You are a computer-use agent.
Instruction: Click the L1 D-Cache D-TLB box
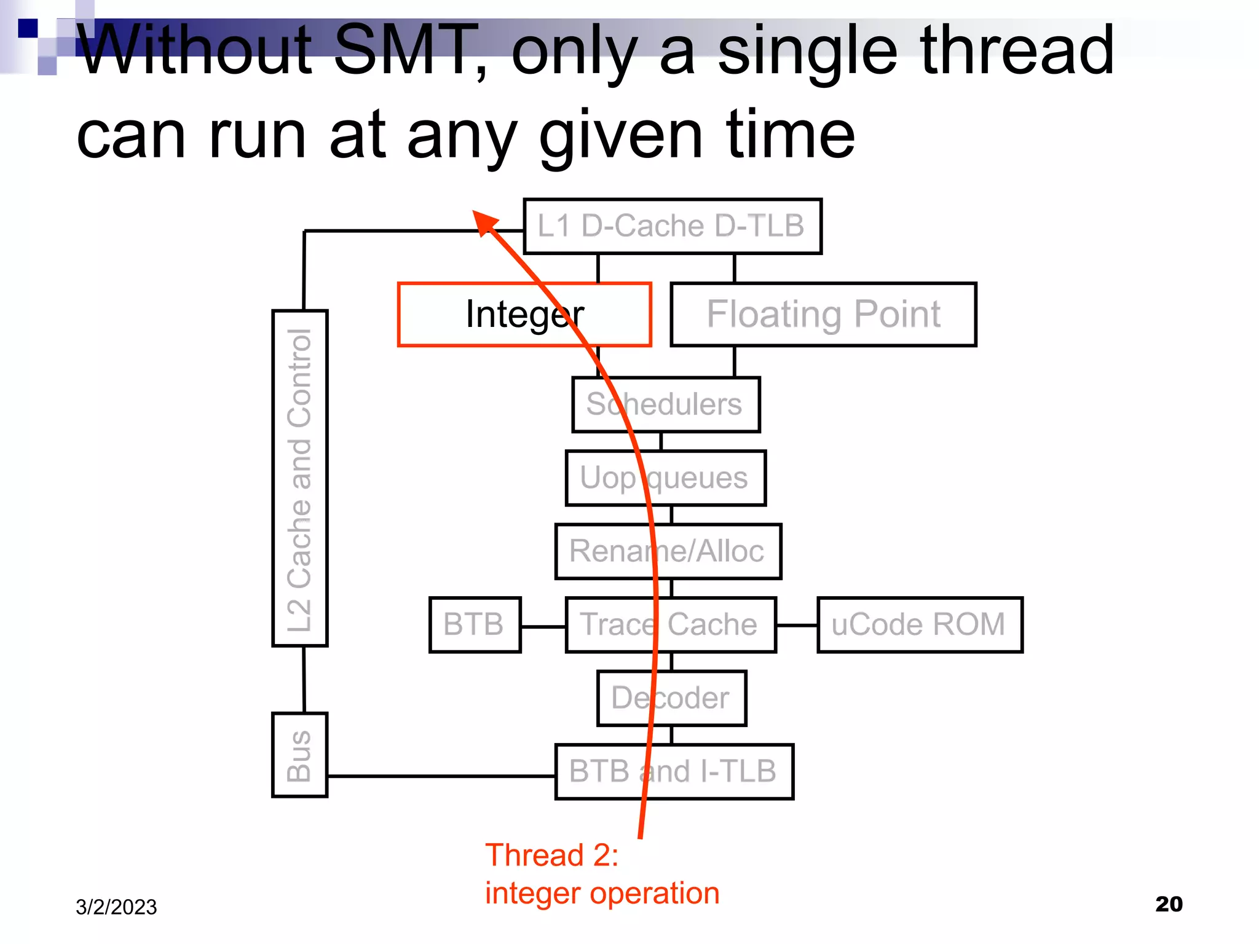[672, 226]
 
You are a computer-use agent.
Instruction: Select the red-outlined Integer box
[524, 315]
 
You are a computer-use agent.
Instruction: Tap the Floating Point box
[823, 315]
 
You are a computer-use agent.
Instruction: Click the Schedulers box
[666, 404]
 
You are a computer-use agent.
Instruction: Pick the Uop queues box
[665, 478]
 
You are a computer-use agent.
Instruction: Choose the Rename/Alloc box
[668, 551]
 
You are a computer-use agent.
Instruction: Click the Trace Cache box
[670, 624]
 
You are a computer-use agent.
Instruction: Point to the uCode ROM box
[919, 624]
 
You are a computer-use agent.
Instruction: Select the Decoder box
[671, 698]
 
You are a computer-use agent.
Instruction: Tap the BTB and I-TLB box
[674, 771]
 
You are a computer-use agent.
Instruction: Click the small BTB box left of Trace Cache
[475, 624]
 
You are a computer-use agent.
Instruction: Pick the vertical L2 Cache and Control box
[300, 478]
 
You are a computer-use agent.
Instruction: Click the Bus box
[300, 755]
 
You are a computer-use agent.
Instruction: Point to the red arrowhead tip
[475, 213]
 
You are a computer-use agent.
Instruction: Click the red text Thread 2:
[551, 855]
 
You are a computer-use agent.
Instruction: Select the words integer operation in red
[602, 893]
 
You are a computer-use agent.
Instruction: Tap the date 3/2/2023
[116, 907]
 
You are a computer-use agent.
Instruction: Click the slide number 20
[1169, 904]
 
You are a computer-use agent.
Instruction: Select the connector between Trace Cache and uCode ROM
[797, 625]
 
